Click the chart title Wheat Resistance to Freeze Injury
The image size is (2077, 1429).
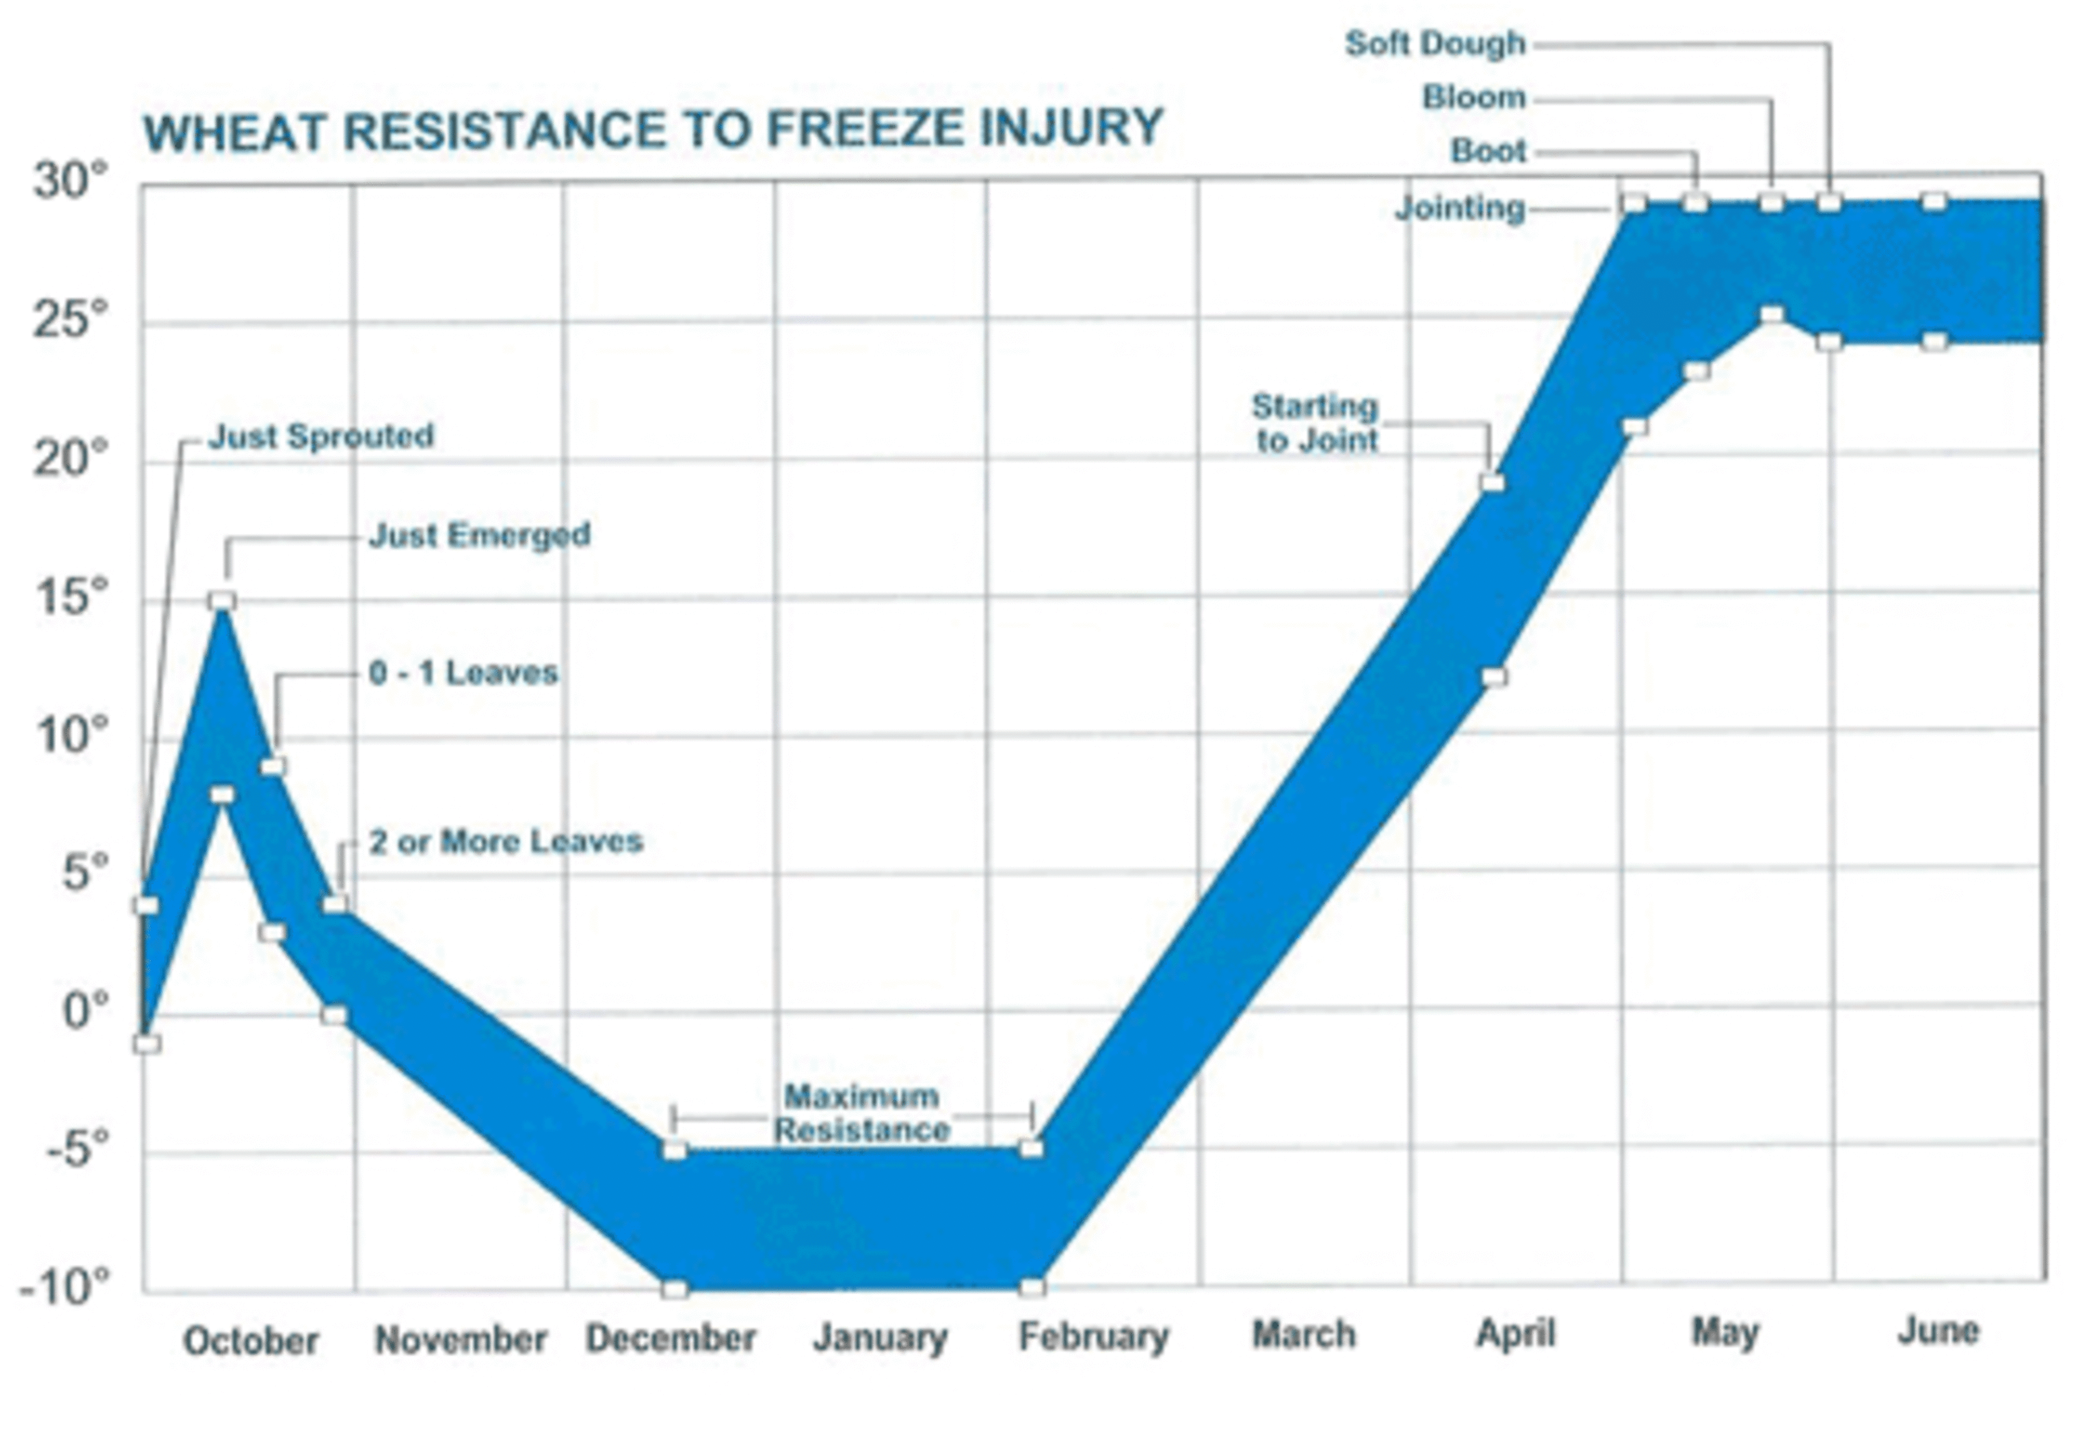coord(653,130)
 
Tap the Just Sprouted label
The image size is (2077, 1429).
coord(321,437)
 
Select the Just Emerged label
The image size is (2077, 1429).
coord(480,535)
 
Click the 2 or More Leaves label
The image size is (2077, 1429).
coord(506,842)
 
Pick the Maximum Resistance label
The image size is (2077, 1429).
coord(861,1113)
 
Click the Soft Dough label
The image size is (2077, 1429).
coord(1435,44)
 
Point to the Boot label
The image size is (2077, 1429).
coord(1488,151)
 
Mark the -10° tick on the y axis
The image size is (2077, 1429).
coord(64,1287)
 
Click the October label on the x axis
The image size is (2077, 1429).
coord(250,1340)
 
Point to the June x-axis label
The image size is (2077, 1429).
coord(1938,1332)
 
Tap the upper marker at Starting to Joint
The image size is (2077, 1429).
coord(1492,482)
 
